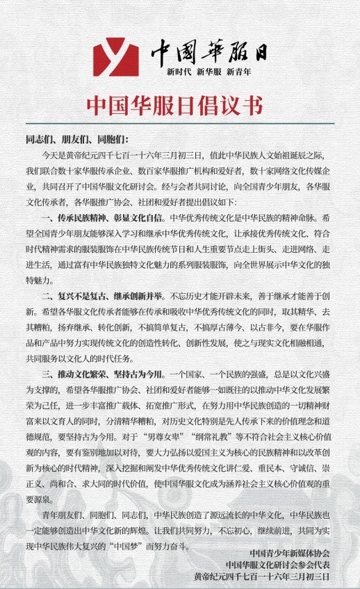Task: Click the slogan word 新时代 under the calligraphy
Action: click(179, 72)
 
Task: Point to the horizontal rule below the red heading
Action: click(180, 124)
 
